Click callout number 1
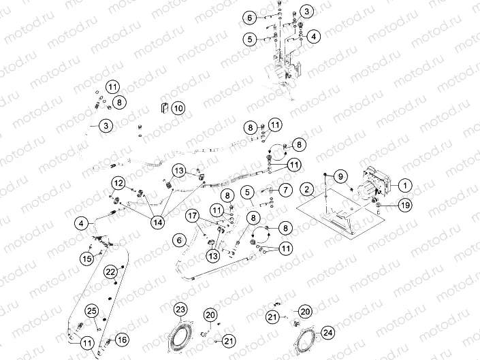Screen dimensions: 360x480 point(404,184)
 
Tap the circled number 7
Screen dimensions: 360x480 point(286,189)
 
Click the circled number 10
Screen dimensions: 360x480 point(178,108)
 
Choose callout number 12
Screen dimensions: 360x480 point(118,183)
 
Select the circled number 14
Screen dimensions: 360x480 point(158,221)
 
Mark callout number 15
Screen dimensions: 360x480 point(87,259)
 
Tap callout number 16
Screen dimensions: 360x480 point(122,339)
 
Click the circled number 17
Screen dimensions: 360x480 point(193,216)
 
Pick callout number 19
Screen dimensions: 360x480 point(404,204)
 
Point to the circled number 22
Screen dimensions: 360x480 point(110,272)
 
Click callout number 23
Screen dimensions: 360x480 point(180,310)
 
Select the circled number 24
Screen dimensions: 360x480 point(329,333)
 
